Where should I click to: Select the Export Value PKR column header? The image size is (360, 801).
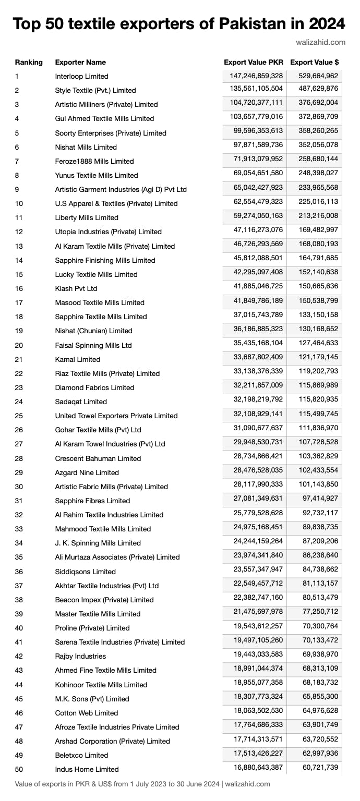click(254, 62)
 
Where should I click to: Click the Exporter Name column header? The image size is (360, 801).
click(80, 63)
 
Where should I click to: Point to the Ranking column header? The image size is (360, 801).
click(29, 63)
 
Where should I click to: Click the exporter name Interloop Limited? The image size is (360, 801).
click(81, 77)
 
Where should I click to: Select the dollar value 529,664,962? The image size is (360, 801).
click(318, 76)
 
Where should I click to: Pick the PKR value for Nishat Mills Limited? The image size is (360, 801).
click(256, 147)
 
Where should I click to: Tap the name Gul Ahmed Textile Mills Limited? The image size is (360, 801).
click(104, 119)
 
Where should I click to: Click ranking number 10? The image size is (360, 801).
click(19, 203)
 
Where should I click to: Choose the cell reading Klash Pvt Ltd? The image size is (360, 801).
click(76, 288)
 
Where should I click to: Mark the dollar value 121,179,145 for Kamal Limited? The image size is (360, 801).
click(318, 358)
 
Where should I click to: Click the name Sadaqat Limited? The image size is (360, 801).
click(81, 402)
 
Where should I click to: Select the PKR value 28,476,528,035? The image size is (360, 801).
click(256, 471)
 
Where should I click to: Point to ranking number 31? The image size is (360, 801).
click(19, 501)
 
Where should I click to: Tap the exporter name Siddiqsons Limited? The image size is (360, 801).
click(86, 572)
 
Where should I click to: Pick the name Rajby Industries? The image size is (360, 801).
click(80, 656)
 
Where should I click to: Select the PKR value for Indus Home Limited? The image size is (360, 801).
click(256, 768)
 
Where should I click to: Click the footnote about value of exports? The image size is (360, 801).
click(142, 784)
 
